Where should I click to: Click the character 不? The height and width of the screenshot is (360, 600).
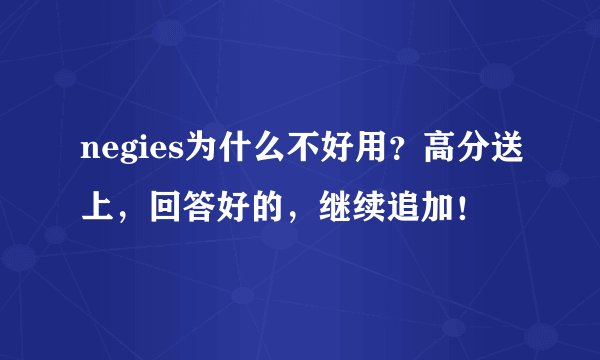click(x=292, y=153)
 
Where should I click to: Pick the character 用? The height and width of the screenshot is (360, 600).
click(x=356, y=153)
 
